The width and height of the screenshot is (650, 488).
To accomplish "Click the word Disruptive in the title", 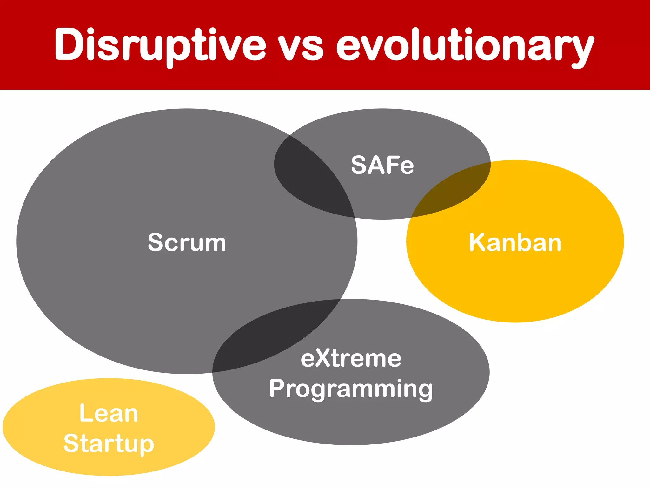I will point(160,44).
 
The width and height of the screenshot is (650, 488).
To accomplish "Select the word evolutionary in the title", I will point(465,46).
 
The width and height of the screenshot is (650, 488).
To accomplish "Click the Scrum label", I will point(187,242).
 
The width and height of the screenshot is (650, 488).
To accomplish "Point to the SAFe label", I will point(382,165).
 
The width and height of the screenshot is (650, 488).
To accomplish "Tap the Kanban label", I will point(515,242).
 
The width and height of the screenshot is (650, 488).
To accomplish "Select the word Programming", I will point(351,389).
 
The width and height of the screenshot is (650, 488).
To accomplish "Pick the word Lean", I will point(109,413).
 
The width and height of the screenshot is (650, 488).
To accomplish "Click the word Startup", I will point(109,444).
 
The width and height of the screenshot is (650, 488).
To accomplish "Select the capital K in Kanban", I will point(478,242).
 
